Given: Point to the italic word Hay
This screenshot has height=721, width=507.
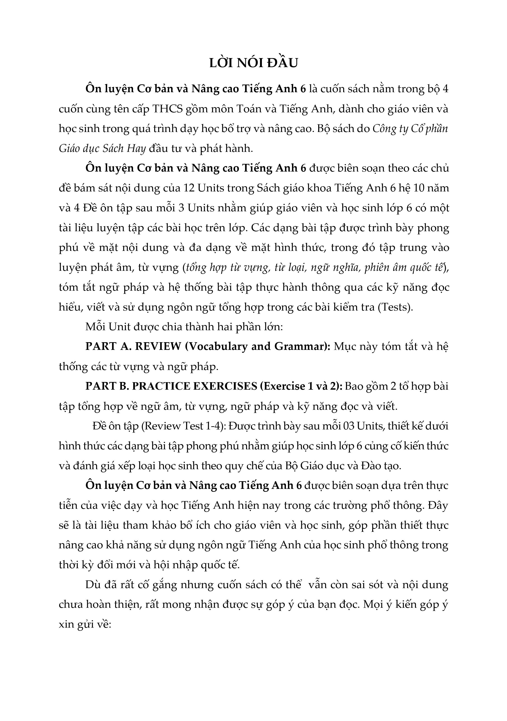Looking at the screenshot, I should tap(136, 148).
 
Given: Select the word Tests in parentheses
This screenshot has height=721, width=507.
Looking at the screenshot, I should tap(395, 307).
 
